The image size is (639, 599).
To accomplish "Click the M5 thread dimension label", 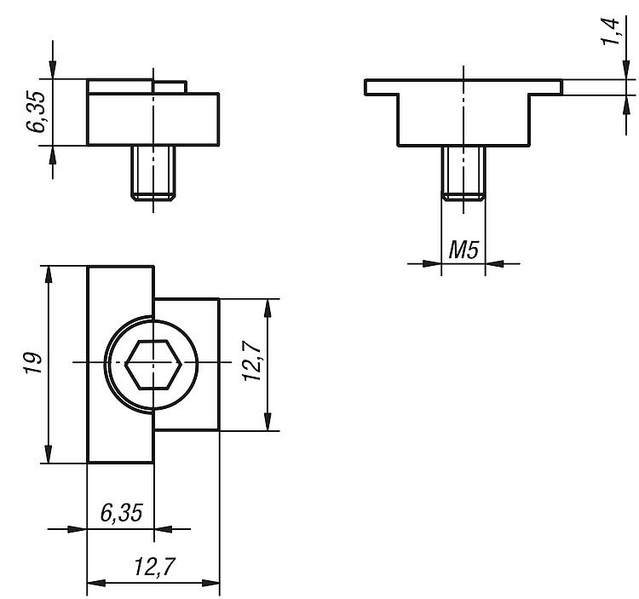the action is (463, 250).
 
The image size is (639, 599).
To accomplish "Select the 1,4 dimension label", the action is (612, 32).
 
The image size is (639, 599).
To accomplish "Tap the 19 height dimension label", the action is (33, 363).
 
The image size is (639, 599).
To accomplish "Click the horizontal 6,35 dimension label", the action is (122, 513).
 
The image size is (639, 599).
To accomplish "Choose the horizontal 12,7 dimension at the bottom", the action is (154, 567).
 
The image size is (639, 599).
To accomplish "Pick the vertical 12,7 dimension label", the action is (252, 361).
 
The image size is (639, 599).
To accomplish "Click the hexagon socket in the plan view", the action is (153, 365).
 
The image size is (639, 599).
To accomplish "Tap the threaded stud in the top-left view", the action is (153, 172).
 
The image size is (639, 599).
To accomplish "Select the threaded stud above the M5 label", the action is (463, 173).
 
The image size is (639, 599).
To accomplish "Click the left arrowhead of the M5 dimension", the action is (432, 263).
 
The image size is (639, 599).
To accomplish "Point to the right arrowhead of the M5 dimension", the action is (494, 263).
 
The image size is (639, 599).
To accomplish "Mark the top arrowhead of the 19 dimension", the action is (48, 274).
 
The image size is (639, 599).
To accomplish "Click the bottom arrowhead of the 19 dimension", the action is (48, 454).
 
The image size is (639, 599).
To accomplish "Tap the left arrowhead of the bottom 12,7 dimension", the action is (96, 583).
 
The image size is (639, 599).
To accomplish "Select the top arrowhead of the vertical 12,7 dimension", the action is (268, 308).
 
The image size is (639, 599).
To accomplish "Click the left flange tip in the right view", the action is (366, 87).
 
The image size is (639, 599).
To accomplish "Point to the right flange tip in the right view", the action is (561, 87).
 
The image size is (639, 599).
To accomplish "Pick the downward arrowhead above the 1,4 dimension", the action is (626, 70).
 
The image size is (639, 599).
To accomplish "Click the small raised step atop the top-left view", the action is (170, 87).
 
